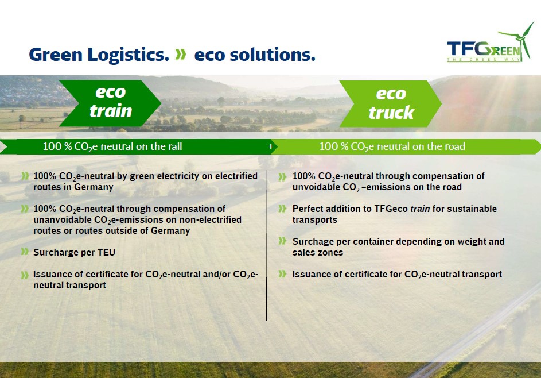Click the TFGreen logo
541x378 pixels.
(x=491, y=42)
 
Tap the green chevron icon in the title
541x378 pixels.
(x=181, y=54)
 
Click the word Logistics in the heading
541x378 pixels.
(x=129, y=55)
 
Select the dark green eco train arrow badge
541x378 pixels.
(x=110, y=103)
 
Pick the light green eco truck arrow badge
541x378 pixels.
(x=391, y=103)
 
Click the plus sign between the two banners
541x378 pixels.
(x=271, y=146)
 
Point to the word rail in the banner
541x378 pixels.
(x=176, y=146)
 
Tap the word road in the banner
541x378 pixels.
(x=456, y=146)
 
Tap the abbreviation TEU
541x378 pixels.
(x=106, y=253)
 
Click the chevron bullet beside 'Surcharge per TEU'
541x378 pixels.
(x=25, y=252)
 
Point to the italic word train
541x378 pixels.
(x=420, y=209)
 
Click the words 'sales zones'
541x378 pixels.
(x=318, y=253)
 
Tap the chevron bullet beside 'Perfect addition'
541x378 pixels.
(x=282, y=209)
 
